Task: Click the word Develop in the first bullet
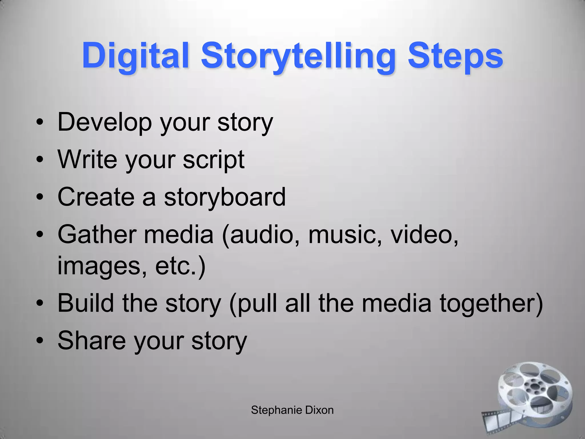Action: tap(105, 122)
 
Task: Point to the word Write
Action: tap(87, 159)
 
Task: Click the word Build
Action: tap(86, 303)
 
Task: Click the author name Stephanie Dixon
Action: tap(292, 410)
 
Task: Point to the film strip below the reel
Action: tap(497, 420)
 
